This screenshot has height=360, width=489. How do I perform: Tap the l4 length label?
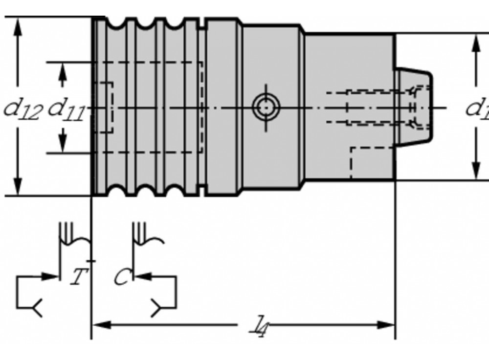tap(256, 326)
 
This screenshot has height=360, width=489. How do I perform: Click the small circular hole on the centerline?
tap(265, 106)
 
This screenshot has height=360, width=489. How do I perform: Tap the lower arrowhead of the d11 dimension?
tap(62, 144)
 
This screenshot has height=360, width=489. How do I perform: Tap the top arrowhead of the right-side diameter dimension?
tap(475, 42)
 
